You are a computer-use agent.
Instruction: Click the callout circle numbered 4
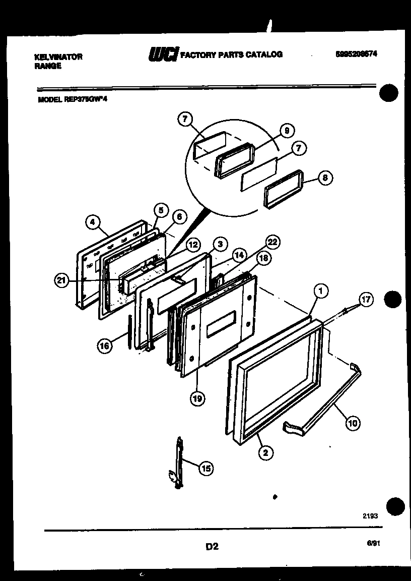[93, 221]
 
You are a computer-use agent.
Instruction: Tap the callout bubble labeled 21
[61, 281]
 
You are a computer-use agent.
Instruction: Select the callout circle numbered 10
[352, 423]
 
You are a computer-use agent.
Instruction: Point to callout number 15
[205, 469]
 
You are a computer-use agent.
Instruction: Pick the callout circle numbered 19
[197, 398]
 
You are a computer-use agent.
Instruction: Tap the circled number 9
[287, 131]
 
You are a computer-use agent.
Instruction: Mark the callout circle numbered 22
[272, 243]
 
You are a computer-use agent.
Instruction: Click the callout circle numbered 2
[265, 452]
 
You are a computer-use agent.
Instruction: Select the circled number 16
[105, 345]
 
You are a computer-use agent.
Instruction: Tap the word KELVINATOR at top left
[58, 57]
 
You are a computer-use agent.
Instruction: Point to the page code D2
[212, 546]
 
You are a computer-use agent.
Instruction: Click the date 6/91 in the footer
[373, 543]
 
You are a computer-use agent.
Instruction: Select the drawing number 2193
[370, 516]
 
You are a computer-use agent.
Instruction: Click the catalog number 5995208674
[357, 54]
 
